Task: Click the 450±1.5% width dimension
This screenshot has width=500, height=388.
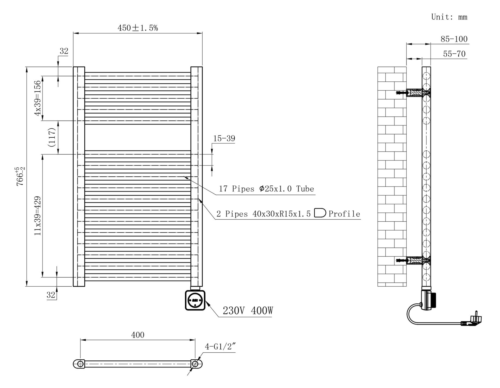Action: pyautogui.click(x=138, y=28)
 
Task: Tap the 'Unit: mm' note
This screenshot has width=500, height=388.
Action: pyautogui.click(x=449, y=17)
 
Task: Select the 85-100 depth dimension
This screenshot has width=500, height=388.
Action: pyautogui.click(x=454, y=39)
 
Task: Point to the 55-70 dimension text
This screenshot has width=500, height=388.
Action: pyautogui.click(x=454, y=54)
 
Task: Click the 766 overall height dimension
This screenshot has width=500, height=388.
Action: pyautogui.click(x=21, y=176)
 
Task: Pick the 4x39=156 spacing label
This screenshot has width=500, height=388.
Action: pyautogui.click(x=37, y=98)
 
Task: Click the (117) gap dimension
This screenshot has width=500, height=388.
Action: pyautogui.click(x=52, y=137)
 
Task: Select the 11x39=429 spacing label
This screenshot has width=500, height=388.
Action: pyautogui.click(x=38, y=216)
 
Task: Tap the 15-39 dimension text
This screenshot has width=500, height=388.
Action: pyautogui.click(x=224, y=138)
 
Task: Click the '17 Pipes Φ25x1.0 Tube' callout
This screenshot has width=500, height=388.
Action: pyautogui.click(x=266, y=189)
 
